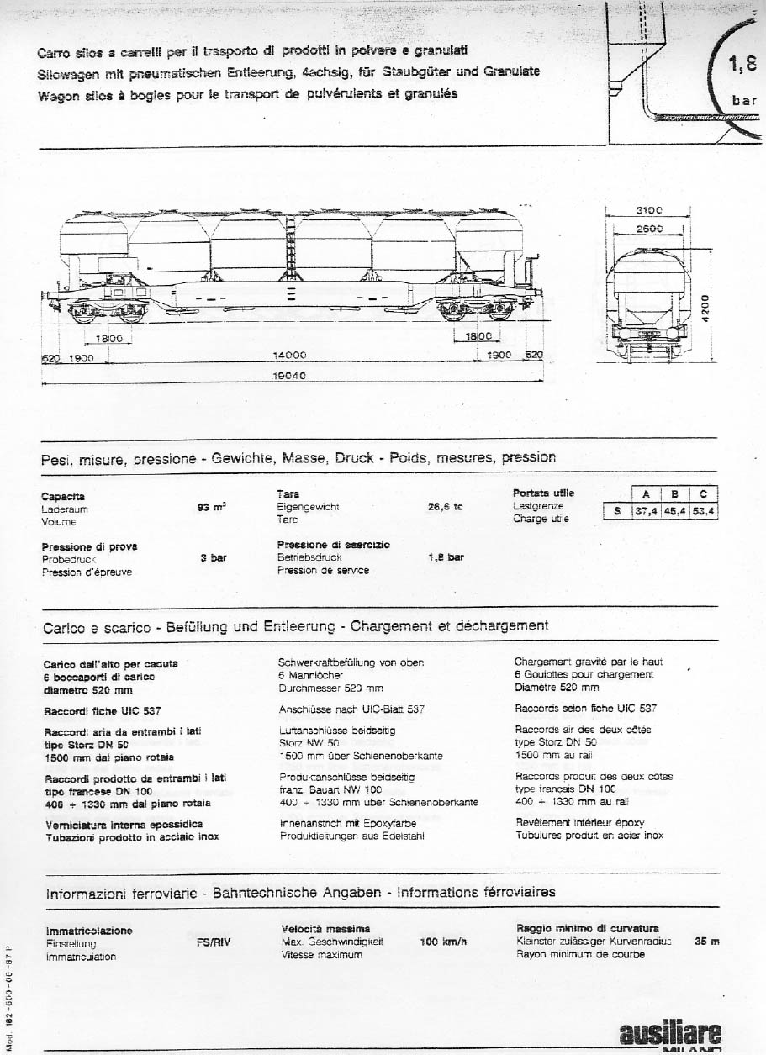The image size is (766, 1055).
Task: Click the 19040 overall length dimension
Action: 288,377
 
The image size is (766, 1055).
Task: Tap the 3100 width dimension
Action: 648,211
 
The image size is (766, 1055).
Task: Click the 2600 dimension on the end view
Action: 648,229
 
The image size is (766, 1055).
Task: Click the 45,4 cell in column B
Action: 675,510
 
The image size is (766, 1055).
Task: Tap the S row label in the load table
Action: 616,510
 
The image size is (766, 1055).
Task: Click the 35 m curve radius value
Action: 707,942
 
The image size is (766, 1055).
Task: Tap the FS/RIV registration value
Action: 214,943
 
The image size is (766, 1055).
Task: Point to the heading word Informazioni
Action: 87,892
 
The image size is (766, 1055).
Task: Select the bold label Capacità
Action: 63,496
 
